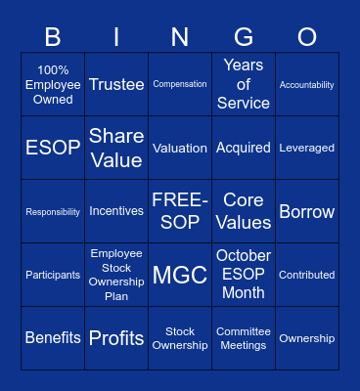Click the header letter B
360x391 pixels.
pyautogui.click(x=53, y=37)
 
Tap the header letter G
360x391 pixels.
pyautogui.click(x=244, y=37)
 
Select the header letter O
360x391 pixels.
pyautogui.click(x=307, y=37)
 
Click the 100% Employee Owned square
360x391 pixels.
pyautogui.click(x=53, y=85)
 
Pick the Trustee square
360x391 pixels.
pyautogui.click(x=116, y=85)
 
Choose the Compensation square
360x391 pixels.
pyautogui.click(x=180, y=85)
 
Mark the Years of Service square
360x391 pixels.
pyautogui.click(x=244, y=85)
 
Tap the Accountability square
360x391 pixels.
pyautogui.click(x=307, y=85)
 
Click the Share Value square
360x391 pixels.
pyautogui.click(x=116, y=149)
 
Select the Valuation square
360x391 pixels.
pyautogui.click(x=180, y=149)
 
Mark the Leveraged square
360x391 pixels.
pyautogui.click(x=307, y=149)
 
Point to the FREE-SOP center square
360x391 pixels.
pyautogui.click(x=180, y=211)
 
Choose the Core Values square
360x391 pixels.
pyautogui.click(x=244, y=211)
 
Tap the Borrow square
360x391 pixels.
pyautogui.click(x=307, y=211)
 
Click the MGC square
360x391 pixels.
pyautogui.click(x=180, y=275)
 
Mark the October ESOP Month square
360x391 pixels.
pyautogui.click(x=244, y=275)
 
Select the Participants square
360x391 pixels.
pyautogui.click(x=53, y=275)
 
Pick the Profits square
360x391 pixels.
pyautogui.click(x=116, y=338)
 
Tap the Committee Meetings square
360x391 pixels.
pyautogui.click(x=244, y=338)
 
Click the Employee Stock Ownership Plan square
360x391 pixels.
pyautogui.click(x=116, y=275)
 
